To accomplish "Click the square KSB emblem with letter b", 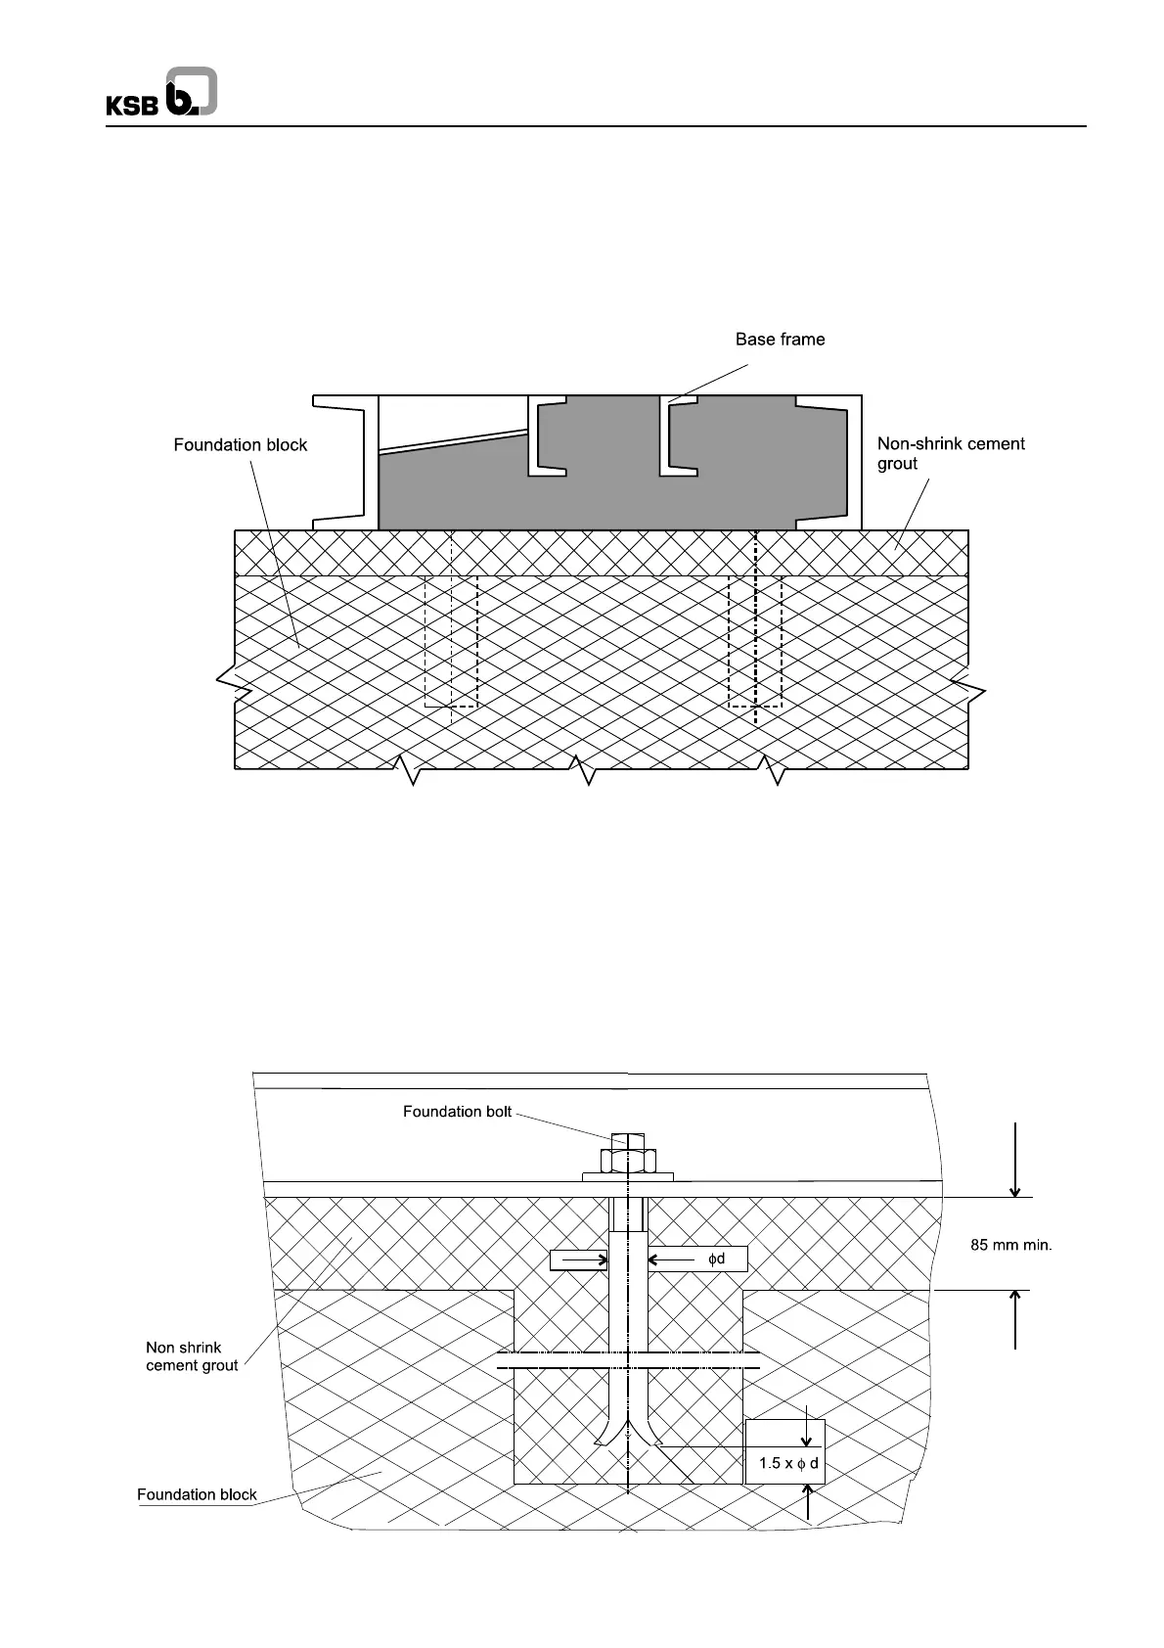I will [192, 92].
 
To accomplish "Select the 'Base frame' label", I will [780, 340].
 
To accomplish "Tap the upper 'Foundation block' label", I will [241, 445].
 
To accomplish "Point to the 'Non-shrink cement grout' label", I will [950, 453].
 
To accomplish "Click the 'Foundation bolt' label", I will [457, 1112].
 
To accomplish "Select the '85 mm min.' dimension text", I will [1010, 1246].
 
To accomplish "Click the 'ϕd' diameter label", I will [717, 1259].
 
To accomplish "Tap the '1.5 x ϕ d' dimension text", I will [788, 1463].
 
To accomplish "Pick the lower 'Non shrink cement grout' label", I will [192, 1356].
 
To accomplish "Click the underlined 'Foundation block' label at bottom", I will [197, 1494].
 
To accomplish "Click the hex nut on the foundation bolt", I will [627, 1160].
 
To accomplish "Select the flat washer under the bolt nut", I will [627, 1177].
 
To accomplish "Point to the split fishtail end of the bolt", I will [627, 1439].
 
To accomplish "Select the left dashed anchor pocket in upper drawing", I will [451, 641].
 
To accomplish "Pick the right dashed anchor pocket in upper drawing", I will [755, 641].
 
